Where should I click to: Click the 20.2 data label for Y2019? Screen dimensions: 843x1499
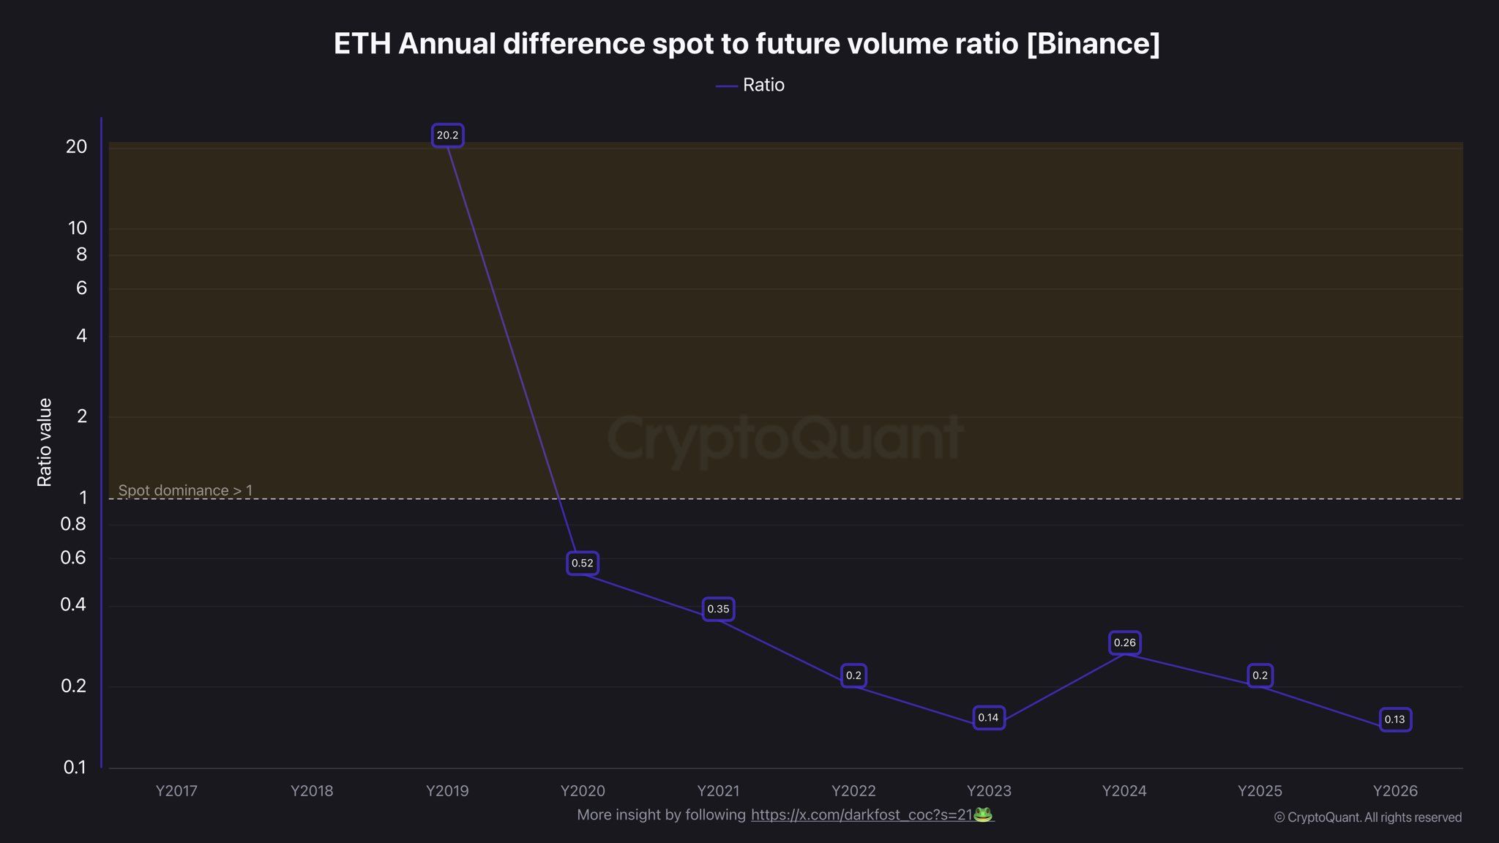click(x=447, y=135)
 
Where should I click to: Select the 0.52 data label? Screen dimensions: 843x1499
click(x=583, y=563)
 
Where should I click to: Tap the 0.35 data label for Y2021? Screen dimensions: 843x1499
click(x=718, y=609)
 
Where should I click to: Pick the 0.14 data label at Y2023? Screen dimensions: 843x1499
click(x=988, y=718)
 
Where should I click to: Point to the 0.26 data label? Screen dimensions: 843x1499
click(x=1124, y=643)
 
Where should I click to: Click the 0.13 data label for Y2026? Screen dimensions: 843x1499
click(x=1394, y=719)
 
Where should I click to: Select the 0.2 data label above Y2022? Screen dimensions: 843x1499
click(x=853, y=675)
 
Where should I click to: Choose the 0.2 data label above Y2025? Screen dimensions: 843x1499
click(x=1260, y=675)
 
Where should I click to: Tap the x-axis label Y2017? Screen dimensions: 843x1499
click(x=176, y=791)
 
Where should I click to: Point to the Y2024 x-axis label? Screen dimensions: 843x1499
click(x=1124, y=791)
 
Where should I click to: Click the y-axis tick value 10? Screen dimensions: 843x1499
click(x=78, y=228)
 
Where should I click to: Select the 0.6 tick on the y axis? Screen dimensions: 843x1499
click(x=73, y=558)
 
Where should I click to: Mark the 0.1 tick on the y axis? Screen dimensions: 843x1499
click(x=75, y=767)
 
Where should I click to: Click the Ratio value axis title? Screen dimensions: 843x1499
click(x=45, y=443)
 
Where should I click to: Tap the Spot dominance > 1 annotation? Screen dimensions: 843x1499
click(x=185, y=490)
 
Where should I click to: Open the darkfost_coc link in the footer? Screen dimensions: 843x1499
click(x=861, y=814)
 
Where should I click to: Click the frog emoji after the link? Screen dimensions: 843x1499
click(x=983, y=814)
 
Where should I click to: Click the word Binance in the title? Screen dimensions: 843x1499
click(x=1093, y=44)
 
